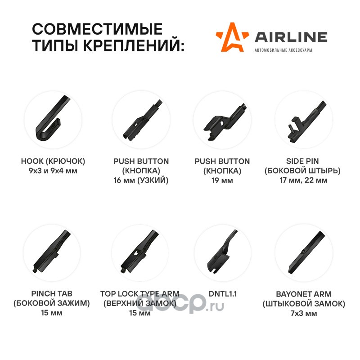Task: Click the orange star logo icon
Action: tap(232, 38)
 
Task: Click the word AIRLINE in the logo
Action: tap(291, 37)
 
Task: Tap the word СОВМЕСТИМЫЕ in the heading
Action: tap(97, 29)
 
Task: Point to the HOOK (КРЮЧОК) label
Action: tap(53, 161)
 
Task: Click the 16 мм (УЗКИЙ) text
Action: tap(141, 180)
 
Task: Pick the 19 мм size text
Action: tap(222, 180)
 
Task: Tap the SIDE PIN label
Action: tap(302, 161)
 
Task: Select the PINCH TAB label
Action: tap(52, 293)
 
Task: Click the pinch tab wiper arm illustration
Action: tap(51, 252)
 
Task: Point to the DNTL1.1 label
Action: tap(222, 294)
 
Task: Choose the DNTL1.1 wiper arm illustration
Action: tap(221, 252)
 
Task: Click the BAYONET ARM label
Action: tap(304, 294)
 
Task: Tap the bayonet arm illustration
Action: tap(306, 252)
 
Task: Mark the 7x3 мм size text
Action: tap(304, 313)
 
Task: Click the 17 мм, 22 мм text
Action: tap(303, 180)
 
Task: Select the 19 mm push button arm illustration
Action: tap(225, 121)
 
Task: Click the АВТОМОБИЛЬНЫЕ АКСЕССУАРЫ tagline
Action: tap(283, 50)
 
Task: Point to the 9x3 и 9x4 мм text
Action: tap(53, 171)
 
